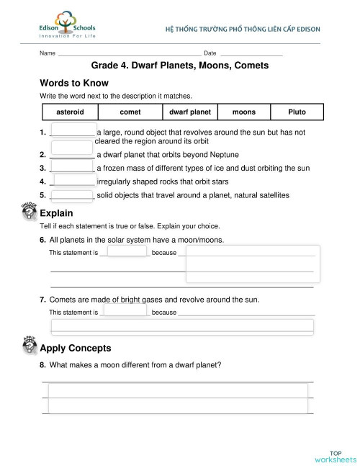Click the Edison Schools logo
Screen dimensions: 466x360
(66, 27)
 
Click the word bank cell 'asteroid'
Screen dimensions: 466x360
(70, 112)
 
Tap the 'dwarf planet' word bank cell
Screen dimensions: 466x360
(190, 112)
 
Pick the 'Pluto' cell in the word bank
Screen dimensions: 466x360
(297, 112)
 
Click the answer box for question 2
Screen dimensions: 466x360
(72, 154)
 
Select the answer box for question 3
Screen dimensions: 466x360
(72, 167)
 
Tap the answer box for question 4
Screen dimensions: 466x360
(74, 181)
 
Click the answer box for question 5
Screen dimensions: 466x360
(72, 194)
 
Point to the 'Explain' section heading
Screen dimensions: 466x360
(56, 213)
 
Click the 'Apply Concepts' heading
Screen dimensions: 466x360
(76, 348)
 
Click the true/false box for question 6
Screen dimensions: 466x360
(125, 252)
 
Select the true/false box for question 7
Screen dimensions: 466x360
(125, 311)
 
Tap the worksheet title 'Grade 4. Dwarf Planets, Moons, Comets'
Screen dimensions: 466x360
(180, 65)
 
